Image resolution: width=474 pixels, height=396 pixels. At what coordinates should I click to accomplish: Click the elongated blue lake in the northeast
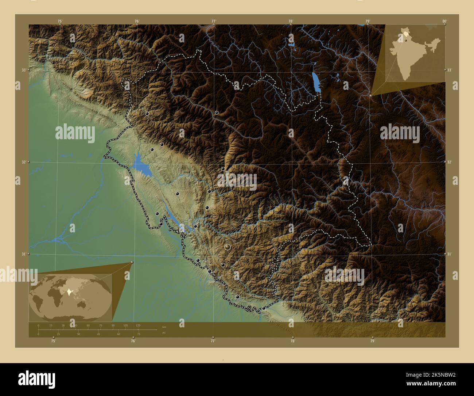click(316, 82)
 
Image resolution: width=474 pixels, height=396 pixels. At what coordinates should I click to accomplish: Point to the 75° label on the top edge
click(60, 21)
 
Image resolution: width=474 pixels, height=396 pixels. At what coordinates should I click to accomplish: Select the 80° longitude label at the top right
click(444, 21)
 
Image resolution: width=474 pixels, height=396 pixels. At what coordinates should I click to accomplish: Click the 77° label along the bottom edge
click(213, 341)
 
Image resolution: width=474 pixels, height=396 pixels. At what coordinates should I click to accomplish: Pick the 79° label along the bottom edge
click(372, 341)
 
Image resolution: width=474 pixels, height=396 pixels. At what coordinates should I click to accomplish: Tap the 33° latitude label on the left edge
click(23, 70)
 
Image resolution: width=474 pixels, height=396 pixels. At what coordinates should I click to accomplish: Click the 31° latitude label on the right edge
click(449, 254)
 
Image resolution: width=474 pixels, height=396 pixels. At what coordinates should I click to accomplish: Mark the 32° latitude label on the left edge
click(23, 162)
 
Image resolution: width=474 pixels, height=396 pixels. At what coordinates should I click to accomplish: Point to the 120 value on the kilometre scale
click(138, 325)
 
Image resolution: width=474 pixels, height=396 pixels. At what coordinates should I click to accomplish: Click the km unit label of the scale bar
click(164, 327)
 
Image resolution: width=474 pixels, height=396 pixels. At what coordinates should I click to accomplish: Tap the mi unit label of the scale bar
click(164, 333)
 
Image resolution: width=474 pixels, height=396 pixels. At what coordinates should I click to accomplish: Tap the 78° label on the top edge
click(291, 21)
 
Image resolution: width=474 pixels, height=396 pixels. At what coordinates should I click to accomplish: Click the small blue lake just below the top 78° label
click(291, 45)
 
